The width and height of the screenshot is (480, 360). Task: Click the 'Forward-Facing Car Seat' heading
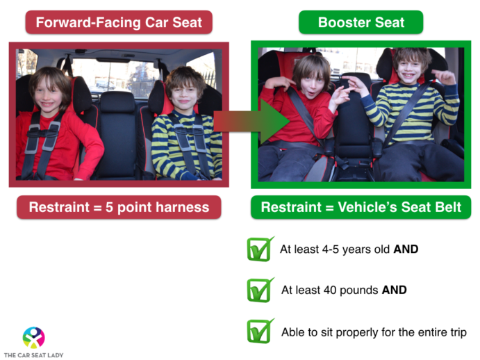119,22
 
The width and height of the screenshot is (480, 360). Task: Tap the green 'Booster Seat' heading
361,22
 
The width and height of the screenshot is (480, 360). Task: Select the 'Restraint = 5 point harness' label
119,207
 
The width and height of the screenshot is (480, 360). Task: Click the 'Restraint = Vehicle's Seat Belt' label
361,207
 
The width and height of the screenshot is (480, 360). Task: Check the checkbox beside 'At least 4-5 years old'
260,249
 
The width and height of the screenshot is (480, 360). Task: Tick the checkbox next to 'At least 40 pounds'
260,290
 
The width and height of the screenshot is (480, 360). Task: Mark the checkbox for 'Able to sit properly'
260,331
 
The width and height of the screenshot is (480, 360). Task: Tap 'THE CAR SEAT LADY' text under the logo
33,354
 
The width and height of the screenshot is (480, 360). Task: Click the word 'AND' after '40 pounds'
394,291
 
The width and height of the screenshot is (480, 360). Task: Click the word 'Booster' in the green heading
340,22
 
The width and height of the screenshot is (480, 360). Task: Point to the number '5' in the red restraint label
106,207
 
